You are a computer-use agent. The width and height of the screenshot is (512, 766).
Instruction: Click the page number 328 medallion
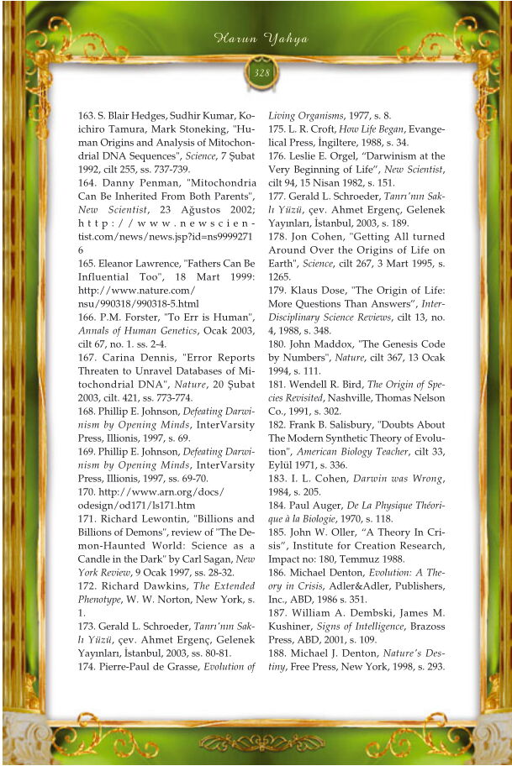[261, 73]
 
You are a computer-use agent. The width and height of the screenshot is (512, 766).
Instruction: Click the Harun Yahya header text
[261, 39]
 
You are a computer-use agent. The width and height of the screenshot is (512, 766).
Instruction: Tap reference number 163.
[87, 115]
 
